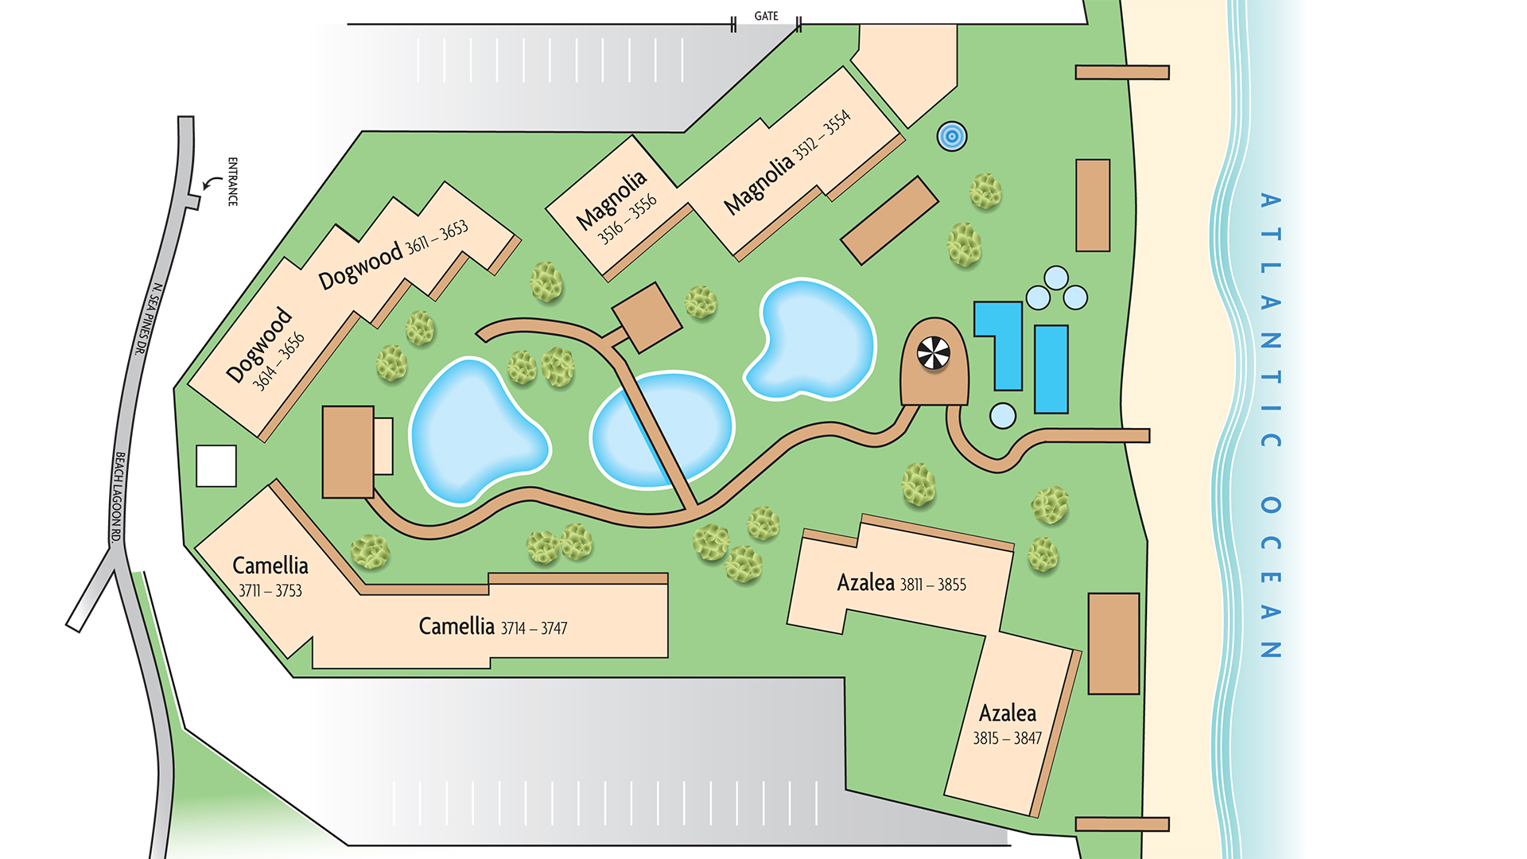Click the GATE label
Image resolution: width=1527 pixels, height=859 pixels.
click(x=766, y=16)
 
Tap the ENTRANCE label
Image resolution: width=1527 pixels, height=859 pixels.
click(x=232, y=181)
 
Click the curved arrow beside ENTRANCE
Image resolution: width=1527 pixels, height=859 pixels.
click(x=212, y=184)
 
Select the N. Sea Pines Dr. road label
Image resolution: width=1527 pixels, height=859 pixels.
click(x=148, y=319)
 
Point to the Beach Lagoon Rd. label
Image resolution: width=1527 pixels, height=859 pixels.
click(x=118, y=497)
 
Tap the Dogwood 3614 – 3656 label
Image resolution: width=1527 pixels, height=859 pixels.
click(x=265, y=349)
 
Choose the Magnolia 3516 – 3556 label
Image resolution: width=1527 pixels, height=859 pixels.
click(x=616, y=207)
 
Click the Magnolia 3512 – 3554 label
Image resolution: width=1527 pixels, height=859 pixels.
click(x=787, y=162)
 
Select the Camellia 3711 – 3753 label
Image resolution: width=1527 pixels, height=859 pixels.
click(x=270, y=577)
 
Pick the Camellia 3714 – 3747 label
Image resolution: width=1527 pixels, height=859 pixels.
click(x=492, y=627)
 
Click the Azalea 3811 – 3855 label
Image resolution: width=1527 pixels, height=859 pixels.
click(x=901, y=584)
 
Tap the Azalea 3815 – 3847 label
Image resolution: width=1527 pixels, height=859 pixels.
click(x=1007, y=724)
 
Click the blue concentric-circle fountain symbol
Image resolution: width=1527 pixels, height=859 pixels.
click(x=951, y=137)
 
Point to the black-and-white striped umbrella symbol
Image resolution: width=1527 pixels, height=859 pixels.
click(x=933, y=353)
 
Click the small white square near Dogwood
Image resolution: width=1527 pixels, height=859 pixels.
click(x=216, y=465)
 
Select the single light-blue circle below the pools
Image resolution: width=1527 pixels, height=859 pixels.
click(x=1003, y=415)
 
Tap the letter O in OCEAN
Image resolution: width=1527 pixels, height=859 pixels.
click(x=1270, y=506)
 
